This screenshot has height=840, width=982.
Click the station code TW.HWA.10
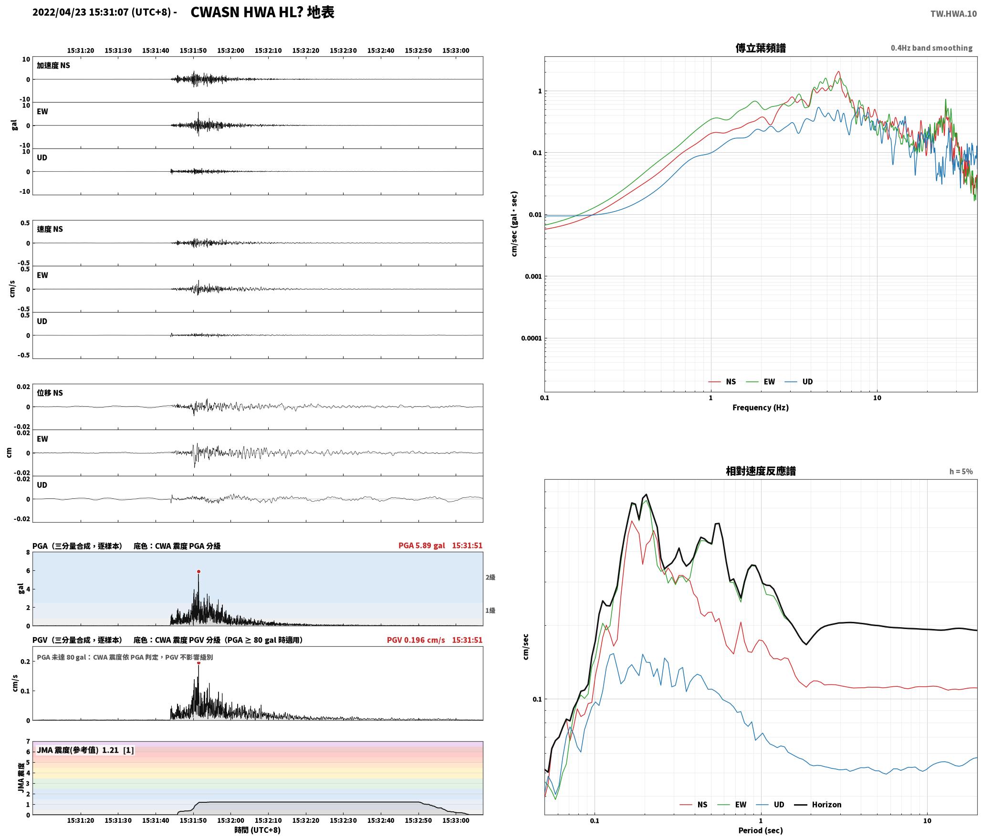point(953,14)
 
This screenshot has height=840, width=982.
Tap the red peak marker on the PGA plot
point(198,571)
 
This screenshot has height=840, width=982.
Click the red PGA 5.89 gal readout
point(422,546)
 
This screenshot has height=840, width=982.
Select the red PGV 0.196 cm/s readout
point(416,640)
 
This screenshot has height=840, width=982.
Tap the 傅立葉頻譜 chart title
point(761,48)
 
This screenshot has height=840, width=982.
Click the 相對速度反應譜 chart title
point(761,471)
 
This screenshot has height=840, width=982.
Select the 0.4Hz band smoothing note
point(931,48)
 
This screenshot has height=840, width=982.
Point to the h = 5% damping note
point(961,472)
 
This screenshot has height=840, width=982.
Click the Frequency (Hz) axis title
point(761,408)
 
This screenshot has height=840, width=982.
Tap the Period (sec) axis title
point(761,830)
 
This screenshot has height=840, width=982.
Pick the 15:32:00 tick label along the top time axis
point(231,51)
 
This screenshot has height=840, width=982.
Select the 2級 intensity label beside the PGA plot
point(491,577)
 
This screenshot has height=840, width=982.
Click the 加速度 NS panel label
point(53,65)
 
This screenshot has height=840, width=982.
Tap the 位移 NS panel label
point(50,393)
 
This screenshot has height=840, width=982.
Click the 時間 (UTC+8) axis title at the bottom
point(258,830)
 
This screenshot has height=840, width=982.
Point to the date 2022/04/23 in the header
point(59,12)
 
